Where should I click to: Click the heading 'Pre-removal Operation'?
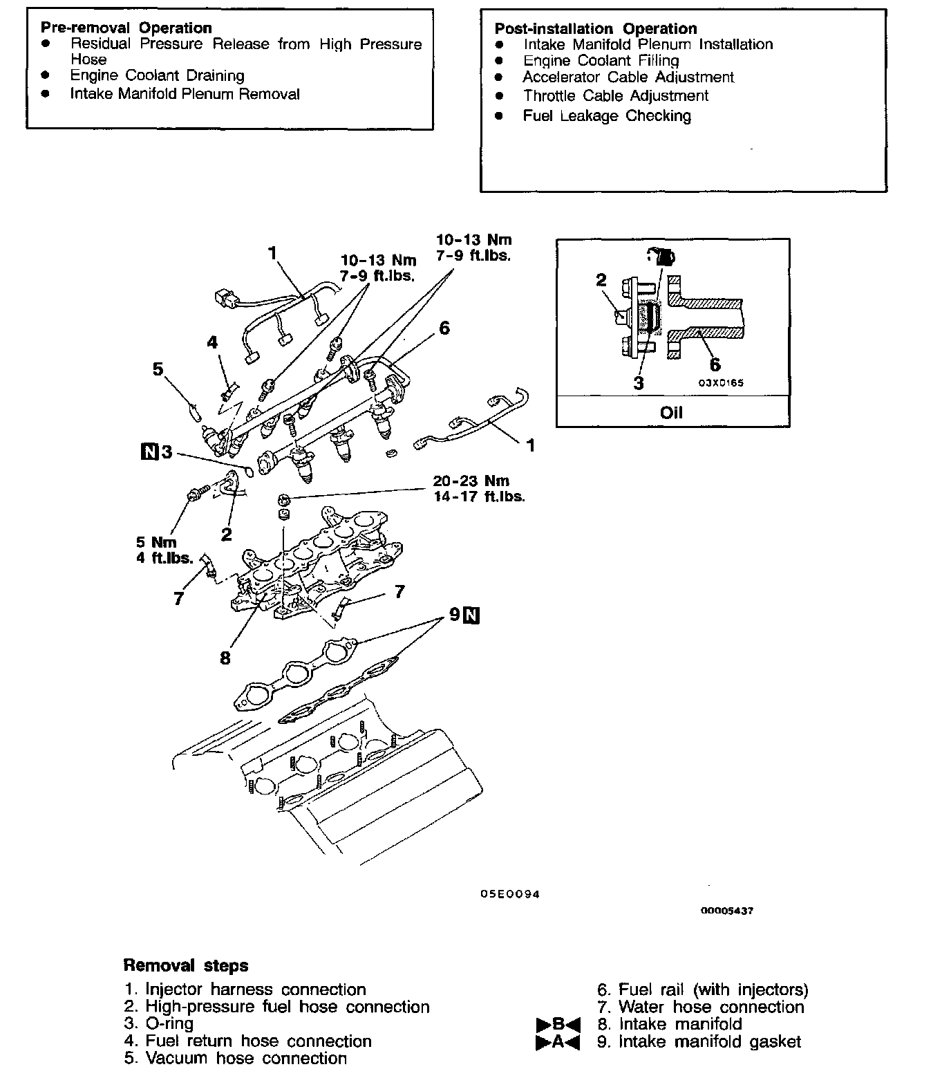pyautogui.click(x=126, y=28)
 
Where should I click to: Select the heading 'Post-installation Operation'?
pyautogui.click(x=595, y=29)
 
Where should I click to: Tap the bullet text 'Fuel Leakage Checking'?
pyautogui.click(x=606, y=116)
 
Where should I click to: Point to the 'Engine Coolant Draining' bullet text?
pyautogui.click(x=157, y=75)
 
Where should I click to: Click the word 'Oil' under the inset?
pyautogui.click(x=671, y=413)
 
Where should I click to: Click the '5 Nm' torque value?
pyautogui.click(x=156, y=543)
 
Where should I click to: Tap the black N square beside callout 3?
pyautogui.click(x=149, y=452)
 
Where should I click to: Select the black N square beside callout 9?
pyautogui.click(x=472, y=614)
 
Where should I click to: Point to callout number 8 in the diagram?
pyautogui.click(x=225, y=658)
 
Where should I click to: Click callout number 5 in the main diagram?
pyautogui.click(x=158, y=369)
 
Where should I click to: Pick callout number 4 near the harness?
pyautogui.click(x=212, y=342)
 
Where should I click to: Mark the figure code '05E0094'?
pyautogui.click(x=510, y=894)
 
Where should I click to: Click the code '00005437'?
pyautogui.click(x=726, y=911)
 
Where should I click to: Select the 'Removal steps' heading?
pyautogui.click(x=185, y=965)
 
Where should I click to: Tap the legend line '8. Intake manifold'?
pyautogui.click(x=669, y=1024)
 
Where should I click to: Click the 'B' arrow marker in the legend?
pyautogui.click(x=558, y=1024)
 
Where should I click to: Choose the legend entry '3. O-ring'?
pyautogui.click(x=159, y=1023)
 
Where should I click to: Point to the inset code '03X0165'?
pyautogui.click(x=720, y=382)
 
